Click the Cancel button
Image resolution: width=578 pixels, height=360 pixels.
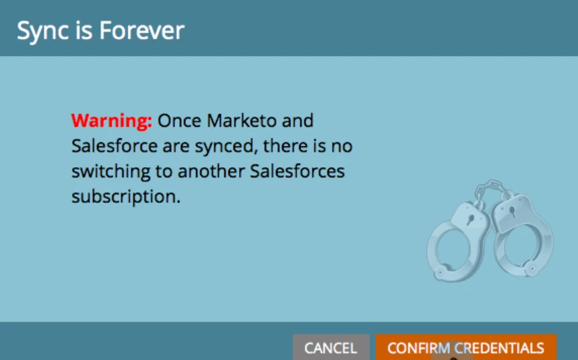pyautogui.click(x=331, y=347)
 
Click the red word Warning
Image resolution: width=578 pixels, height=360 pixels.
pyautogui.click(x=111, y=121)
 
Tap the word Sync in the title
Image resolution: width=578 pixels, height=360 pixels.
pyautogui.click(x=43, y=31)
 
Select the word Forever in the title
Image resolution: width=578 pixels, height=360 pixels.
pyautogui.click(x=142, y=30)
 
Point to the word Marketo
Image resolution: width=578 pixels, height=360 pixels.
pyautogui.click(x=241, y=121)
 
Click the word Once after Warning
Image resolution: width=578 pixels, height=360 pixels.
pyautogui.click(x=179, y=121)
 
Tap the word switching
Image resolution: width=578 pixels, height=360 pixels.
pyautogui.click(x=111, y=171)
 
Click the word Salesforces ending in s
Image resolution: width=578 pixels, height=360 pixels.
pyautogui.click(x=298, y=171)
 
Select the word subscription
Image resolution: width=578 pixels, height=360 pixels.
pyautogui.click(x=126, y=197)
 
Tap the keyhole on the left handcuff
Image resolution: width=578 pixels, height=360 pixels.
pyautogui.click(x=470, y=220)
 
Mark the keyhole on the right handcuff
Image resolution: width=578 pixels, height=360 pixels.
pyautogui.click(x=513, y=212)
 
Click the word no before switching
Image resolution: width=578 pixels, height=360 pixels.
pyautogui.click(x=342, y=146)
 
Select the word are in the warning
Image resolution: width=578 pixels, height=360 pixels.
pyautogui.click(x=176, y=147)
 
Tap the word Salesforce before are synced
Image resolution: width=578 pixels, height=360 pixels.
pyautogui.click(x=115, y=146)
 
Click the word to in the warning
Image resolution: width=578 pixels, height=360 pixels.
pyautogui.click(x=164, y=172)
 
